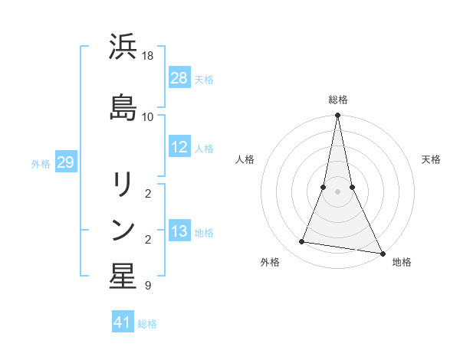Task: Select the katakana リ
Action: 123,184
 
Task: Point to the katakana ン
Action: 123,230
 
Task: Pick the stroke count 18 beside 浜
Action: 148,56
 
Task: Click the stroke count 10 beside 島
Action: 148,116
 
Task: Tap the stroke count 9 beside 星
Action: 148,286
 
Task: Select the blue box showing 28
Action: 179,78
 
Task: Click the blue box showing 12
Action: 179,147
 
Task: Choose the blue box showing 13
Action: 179,232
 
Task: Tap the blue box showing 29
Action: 65,162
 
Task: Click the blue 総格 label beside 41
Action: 147,324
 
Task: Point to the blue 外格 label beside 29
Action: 41,163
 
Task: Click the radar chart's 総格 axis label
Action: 338,100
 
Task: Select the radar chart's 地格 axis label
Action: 402,262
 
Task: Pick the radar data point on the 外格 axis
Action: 302,242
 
